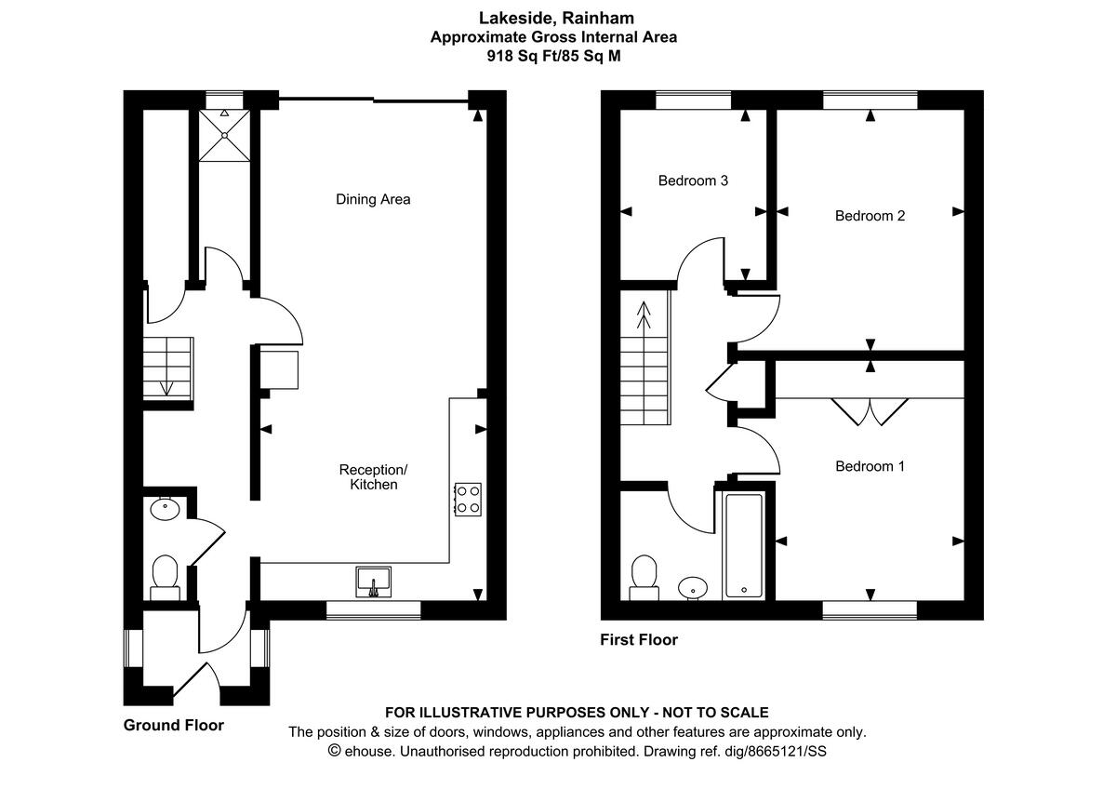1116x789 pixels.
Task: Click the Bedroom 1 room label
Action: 870,466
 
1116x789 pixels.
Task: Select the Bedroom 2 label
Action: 870,216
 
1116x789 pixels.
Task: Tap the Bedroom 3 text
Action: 693,181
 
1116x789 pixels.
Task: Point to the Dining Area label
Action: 373,199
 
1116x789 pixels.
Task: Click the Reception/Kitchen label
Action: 373,476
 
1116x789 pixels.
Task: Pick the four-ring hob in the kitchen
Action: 467,499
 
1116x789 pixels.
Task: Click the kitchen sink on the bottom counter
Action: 374,582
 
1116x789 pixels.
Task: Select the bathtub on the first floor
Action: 743,546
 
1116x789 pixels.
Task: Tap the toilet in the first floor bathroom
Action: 644,574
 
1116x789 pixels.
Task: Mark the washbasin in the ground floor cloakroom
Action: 165,509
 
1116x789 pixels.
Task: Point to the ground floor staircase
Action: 167,369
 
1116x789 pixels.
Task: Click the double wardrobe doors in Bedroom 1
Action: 870,410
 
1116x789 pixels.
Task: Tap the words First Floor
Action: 639,640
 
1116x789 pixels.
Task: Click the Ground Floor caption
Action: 174,725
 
